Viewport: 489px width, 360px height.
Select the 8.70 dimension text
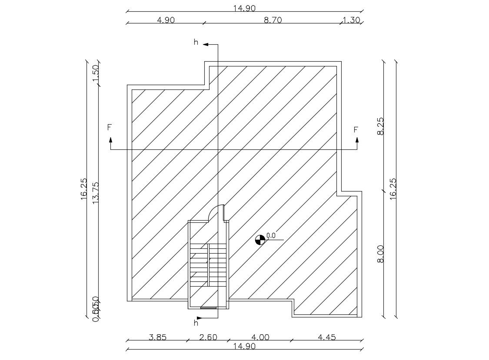[x=273, y=20]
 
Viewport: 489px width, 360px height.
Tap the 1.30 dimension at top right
[x=351, y=20]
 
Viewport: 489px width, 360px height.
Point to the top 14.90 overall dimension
[x=244, y=8]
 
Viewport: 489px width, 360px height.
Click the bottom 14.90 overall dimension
[x=244, y=346]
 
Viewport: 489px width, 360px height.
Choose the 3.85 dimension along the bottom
[x=157, y=337]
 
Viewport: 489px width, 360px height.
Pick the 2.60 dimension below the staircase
[x=208, y=337]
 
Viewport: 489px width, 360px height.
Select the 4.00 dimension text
[x=260, y=337]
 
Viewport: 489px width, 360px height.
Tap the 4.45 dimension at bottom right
[x=326, y=337]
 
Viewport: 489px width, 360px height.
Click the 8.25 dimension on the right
[x=381, y=126]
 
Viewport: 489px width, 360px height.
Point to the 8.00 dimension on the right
[x=381, y=254]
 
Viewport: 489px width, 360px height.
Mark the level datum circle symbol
[x=260, y=240]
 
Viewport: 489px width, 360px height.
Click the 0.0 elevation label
[x=271, y=235]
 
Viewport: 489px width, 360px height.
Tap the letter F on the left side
[x=110, y=128]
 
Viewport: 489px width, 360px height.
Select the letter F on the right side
[x=356, y=129]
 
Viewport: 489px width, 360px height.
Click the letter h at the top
[x=196, y=42]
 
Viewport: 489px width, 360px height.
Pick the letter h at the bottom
[x=196, y=323]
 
